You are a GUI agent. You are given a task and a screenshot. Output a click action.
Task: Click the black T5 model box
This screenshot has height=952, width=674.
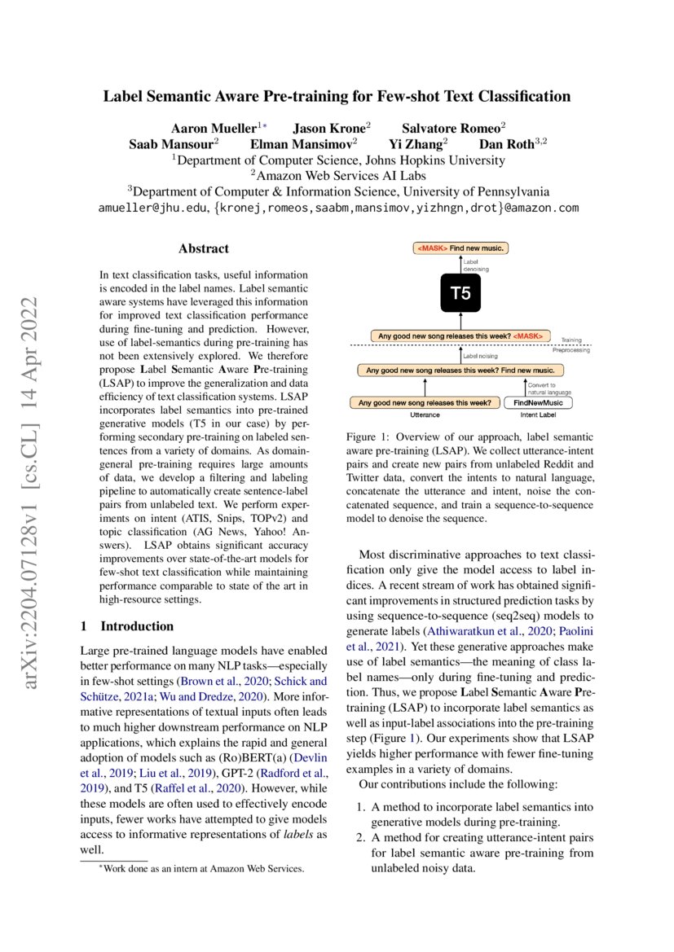coord(461,294)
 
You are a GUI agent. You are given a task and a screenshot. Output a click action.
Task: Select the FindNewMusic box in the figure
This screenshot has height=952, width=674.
coord(539,402)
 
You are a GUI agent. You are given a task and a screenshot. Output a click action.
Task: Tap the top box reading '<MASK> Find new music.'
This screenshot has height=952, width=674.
coord(462,248)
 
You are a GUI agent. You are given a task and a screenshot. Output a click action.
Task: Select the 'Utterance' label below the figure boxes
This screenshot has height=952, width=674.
coord(425,415)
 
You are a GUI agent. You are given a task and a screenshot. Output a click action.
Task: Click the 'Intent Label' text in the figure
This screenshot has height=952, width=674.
coord(539,415)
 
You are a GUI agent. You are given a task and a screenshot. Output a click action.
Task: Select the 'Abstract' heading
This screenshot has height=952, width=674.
coord(203,248)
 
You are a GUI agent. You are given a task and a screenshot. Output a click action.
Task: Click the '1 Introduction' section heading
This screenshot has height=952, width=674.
coord(126,625)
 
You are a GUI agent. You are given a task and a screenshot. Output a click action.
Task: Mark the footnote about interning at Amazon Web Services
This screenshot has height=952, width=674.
coord(196,869)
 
